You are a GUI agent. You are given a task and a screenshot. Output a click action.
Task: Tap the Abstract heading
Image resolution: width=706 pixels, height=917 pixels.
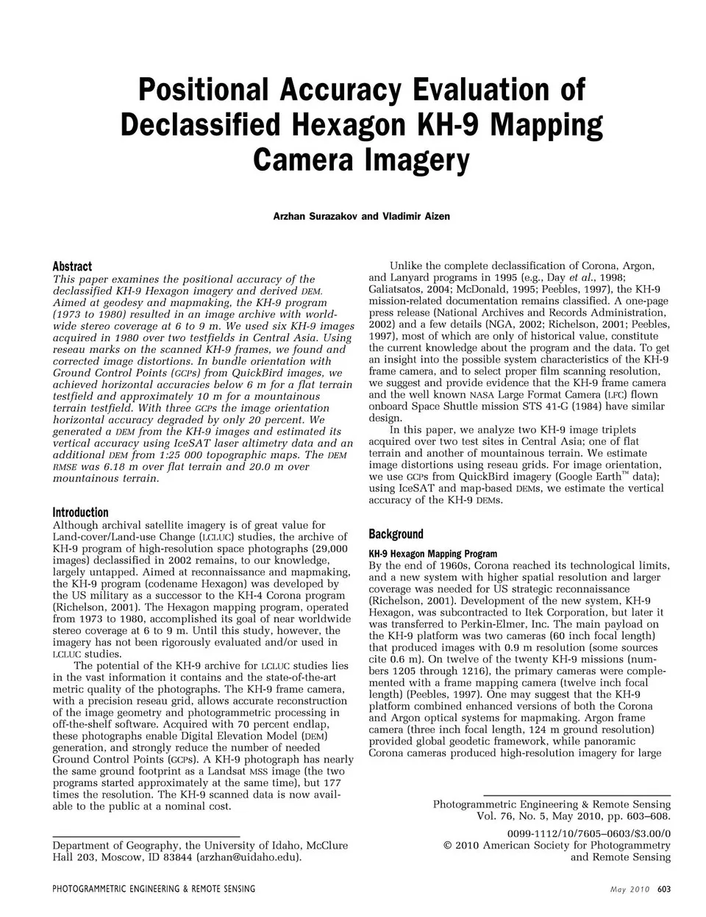click(72, 266)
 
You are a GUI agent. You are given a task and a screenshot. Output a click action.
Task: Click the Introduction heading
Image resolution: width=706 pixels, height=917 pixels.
click(80, 513)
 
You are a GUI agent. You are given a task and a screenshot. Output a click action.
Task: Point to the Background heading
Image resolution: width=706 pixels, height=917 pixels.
click(396, 535)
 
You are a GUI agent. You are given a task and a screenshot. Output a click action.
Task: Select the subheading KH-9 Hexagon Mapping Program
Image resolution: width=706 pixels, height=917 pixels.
click(432, 554)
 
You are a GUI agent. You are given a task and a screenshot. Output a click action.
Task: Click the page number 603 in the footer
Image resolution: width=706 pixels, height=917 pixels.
click(663, 889)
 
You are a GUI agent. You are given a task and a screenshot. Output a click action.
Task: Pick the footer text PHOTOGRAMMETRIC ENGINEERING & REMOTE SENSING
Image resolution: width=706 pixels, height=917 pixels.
click(154, 889)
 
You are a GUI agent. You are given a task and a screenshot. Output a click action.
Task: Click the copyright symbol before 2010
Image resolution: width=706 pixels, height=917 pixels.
click(448, 846)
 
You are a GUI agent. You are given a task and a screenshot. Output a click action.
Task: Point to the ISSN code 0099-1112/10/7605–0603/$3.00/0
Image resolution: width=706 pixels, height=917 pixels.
click(589, 833)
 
